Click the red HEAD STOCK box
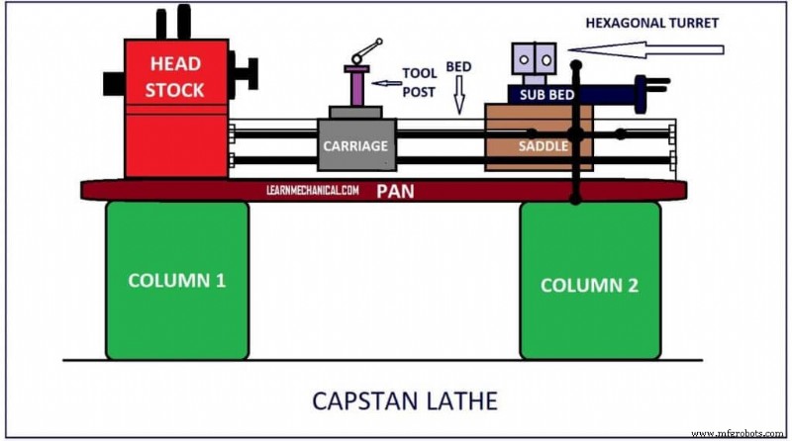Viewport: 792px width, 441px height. [175, 109]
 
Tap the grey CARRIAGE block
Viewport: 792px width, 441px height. [356, 145]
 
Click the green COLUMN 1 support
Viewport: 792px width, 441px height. [177, 280]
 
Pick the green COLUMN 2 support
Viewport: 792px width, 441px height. [590, 284]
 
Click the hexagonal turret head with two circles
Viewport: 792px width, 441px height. [536, 62]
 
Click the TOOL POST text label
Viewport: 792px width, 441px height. [419, 82]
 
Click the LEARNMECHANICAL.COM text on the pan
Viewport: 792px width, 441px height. [313, 189]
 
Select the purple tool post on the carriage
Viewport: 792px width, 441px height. [354, 87]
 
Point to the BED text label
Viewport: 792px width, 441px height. [458, 67]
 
